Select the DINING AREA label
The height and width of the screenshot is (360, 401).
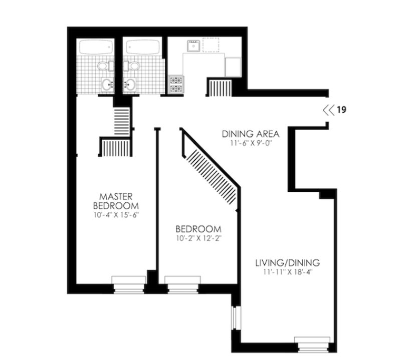click(251, 134)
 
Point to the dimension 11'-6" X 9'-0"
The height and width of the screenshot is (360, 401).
click(251, 143)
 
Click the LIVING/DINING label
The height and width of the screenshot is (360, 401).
click(287, 263)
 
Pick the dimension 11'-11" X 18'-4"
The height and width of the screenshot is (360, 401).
click(287, 273)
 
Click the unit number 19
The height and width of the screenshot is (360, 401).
click(341, 110)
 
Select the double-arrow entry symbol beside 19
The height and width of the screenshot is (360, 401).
click(328, 110)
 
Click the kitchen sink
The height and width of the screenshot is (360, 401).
click(193, 47)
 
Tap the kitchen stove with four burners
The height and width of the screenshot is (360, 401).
click(175, 84)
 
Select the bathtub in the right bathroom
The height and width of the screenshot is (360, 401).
click(142, 48)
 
